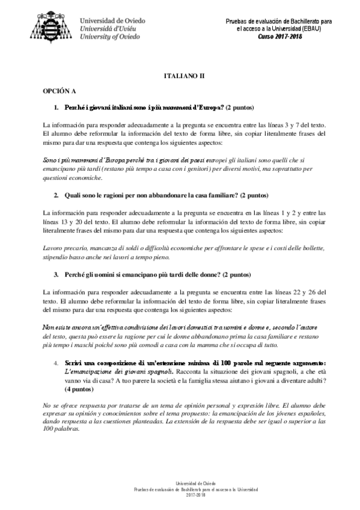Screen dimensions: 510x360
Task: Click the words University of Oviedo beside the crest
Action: coord(110,37)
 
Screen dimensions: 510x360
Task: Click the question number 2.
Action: coord(56,195)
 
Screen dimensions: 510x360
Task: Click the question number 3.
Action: coord(56,275)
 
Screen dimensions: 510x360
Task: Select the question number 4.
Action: coord(56,363)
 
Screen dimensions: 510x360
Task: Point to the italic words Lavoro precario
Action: coord(67,248)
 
